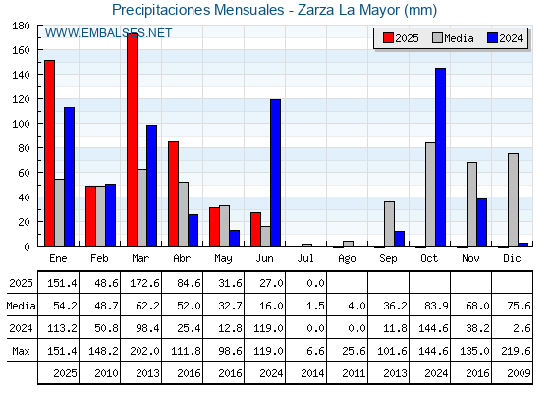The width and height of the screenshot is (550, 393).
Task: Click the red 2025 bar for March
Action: [133, 140]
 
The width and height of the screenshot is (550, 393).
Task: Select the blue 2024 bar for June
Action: [275, 173]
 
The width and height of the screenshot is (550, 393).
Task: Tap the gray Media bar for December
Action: [513, 199]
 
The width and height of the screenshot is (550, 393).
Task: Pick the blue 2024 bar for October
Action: [441, 157]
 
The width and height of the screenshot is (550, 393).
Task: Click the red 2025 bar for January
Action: [50, 153]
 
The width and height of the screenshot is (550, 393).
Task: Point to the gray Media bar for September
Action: [389, 224]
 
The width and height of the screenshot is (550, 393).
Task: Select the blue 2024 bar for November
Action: [481, 222]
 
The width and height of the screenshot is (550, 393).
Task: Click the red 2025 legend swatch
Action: [388, 38]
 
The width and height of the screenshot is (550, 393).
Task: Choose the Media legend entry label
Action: [459, 38]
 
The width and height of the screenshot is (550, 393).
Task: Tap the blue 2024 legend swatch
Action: [492, 38]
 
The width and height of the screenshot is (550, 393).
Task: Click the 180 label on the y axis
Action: [21, 26]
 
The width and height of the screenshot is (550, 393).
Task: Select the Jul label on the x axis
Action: [305, 259]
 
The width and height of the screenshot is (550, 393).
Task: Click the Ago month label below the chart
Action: [347, 259]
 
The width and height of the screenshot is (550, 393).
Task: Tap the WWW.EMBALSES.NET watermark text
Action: [108, 33]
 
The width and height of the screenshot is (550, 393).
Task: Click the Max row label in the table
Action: [21, 351]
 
